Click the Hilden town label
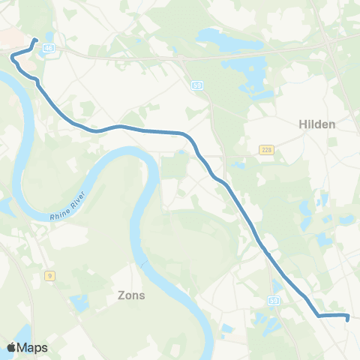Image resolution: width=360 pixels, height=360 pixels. click(317, 124)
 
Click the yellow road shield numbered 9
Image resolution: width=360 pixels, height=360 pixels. click(49, 275)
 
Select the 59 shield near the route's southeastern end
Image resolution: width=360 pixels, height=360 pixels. click(274, 300)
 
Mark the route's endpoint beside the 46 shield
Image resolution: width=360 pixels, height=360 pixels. click(35, 40)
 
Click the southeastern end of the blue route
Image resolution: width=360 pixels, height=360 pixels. click(349, 318)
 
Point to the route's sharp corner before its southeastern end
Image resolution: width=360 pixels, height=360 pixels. click(318, 316)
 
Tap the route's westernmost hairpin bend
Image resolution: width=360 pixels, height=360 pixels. click(12, 55)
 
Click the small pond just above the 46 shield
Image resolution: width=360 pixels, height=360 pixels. click(49, 36)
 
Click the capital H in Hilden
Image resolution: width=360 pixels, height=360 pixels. click(303, 124)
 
